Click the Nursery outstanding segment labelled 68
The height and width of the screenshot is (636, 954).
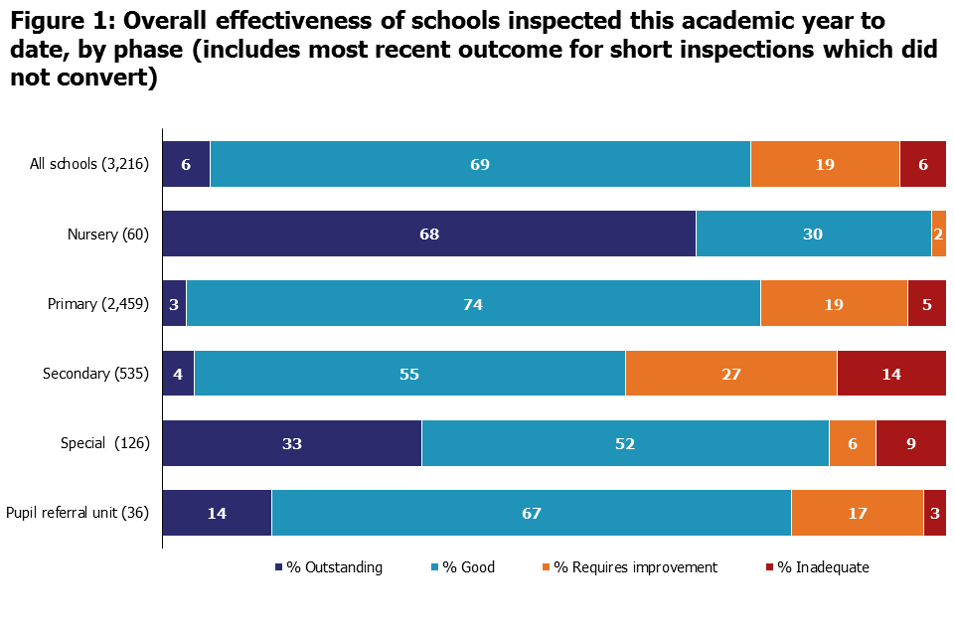pos(428,235)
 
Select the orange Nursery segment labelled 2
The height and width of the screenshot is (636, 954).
pos(938,235)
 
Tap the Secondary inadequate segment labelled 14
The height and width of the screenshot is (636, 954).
pos(890,374)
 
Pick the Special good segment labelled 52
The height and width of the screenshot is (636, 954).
pos(624,443)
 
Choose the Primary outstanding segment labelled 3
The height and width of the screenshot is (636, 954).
pos(174,304)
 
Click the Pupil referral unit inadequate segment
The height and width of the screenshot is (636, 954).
pos(934,513)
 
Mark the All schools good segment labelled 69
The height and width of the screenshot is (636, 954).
pos(480,165)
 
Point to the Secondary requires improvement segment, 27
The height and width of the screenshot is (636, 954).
pos(730,374)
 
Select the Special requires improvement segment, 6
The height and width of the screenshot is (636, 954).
pos(852,443)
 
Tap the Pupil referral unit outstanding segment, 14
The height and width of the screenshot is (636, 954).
pos(217,513)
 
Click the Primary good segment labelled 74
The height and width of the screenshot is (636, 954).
pos(473,304)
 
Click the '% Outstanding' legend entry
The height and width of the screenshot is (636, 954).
pos(328,567)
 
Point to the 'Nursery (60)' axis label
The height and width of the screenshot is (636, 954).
pos(107,235)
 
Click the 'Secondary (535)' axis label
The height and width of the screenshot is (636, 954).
pos(95,374)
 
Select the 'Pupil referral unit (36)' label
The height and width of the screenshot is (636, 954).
pos(77,513)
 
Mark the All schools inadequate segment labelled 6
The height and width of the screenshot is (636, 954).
pos(922,165)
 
